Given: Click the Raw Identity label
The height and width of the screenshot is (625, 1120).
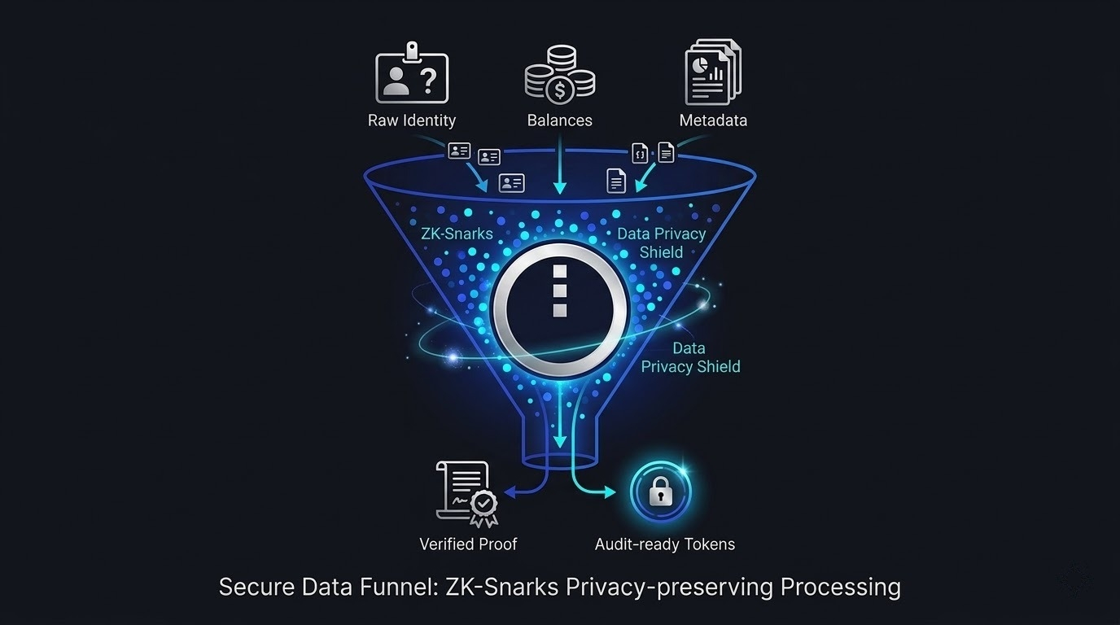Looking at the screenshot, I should [x=411, y=120].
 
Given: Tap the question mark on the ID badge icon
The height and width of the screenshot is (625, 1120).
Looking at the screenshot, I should [x=429, y=81].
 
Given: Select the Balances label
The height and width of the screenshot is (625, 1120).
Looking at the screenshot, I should [x=559, y=120].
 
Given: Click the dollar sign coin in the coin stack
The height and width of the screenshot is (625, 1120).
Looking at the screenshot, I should [x=560, y=90].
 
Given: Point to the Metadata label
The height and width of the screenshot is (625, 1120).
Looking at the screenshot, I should [x=713, y=120].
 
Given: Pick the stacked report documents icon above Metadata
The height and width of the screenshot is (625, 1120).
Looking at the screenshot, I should [x=712, y=73].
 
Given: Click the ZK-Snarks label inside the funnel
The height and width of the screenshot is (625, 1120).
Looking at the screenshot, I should [x=457, y=234].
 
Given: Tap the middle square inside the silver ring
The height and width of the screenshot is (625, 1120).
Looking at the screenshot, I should [x=559, y=291].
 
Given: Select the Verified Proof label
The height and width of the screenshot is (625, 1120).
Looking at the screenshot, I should [x=468, y=544].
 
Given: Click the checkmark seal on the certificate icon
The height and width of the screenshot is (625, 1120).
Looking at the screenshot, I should [x=484, y=505].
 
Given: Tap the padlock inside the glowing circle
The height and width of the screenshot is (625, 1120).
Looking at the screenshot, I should [x=660, y=492].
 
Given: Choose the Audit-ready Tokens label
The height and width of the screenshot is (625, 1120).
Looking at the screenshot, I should [x=664, y=544].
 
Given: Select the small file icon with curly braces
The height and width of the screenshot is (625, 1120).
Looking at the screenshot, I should [x=641, y=153].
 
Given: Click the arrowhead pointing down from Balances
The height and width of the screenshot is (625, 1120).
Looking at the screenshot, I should [x=559, y=188].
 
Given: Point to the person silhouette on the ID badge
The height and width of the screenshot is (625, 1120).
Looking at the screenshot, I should [x=396, y=82].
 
